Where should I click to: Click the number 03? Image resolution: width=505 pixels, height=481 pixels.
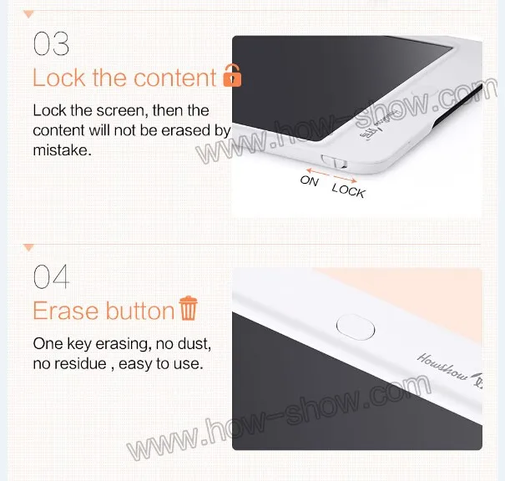[51, 43]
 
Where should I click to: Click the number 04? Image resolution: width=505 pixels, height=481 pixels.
[52, 276]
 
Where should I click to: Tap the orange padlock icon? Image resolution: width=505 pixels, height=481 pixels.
[232, 75]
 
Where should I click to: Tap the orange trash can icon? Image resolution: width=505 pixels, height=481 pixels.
[189, 308]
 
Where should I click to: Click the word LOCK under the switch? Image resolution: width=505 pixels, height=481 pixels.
[348, 190]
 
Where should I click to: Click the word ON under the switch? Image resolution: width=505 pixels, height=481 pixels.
[309, 180]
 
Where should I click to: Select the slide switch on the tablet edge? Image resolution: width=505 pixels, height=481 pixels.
[334, 161]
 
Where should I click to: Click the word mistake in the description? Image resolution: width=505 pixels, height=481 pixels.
[62, 150]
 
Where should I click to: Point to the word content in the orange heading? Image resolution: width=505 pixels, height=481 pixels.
[175, 78]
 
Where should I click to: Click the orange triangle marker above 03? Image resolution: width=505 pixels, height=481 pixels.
[28, 14]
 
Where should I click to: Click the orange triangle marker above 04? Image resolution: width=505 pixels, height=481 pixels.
[28, 247]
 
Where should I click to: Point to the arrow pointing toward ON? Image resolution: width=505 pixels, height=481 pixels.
[317, 172]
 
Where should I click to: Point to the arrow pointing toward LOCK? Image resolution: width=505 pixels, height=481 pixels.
[346, 179]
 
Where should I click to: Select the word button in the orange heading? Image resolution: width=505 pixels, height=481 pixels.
[140, 311]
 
